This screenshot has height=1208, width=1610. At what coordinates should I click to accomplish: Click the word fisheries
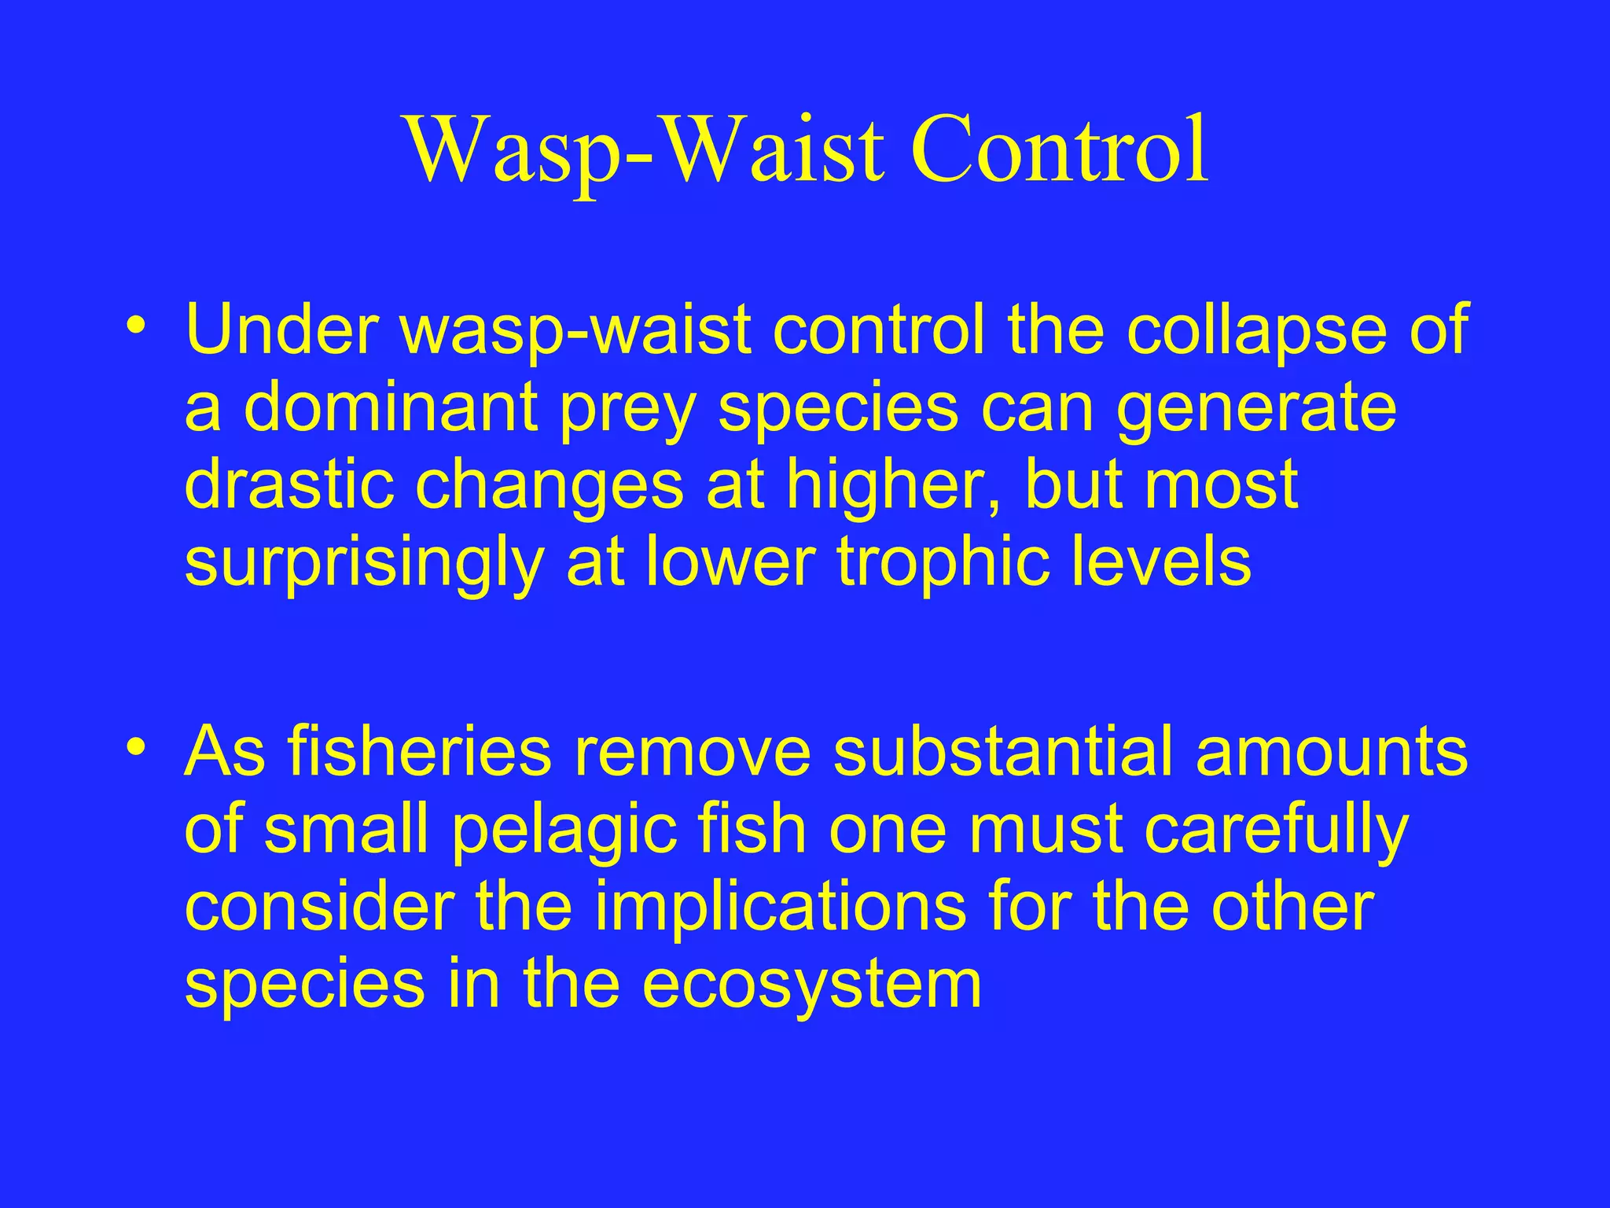[x=419, y=751]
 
